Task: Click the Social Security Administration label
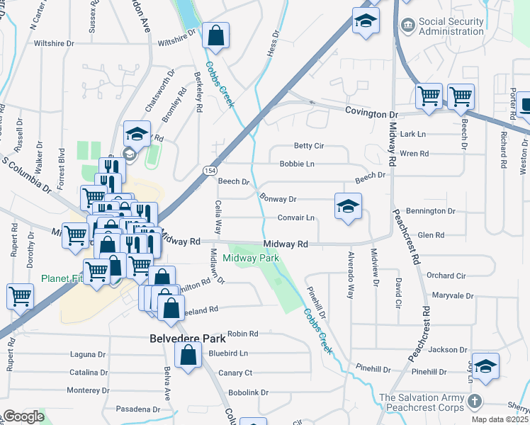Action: pyautogui.click(x=451, y=27)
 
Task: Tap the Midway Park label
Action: pyautogui.click(x=251, y=258)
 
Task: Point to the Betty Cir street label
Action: pyautogui.click(x=308, y=146)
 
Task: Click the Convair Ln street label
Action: pyautogui.click(x=295, y=217)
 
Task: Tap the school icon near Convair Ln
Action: pyautogui.click(x=348, y=207)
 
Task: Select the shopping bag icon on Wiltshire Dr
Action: pyautogui.click(x=215, y=35)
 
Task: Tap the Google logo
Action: pyautogui.click(x=23, y=416)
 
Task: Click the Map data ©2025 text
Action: pyautogui.click(x=500, y=419)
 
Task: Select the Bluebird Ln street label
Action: pyautogui.click(x=229, y=353)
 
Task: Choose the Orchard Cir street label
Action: pyautogui.click(x=446, y=276)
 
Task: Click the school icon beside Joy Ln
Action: pyautogui.click(x=485, y=365)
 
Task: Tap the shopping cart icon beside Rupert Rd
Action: pyautogui.click(x=20, y=297)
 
